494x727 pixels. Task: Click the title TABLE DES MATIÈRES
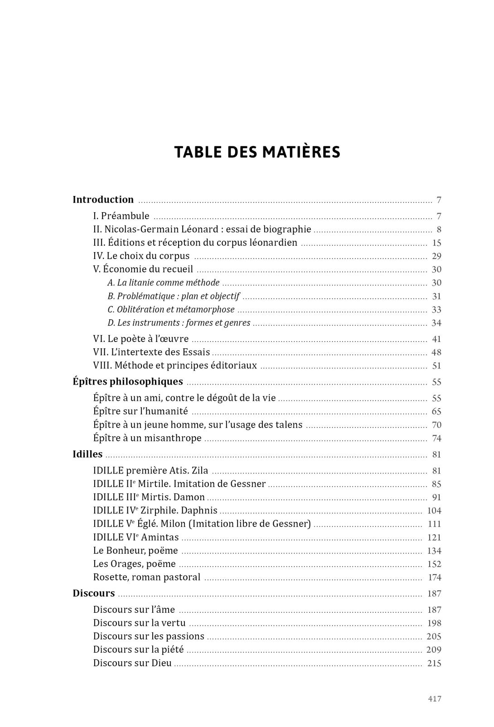[257, 152]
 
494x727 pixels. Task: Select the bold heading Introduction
[103, 200]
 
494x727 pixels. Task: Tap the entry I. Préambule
[121, 216]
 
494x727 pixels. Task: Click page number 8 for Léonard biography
[439, 229]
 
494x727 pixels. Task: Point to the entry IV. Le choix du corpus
[141, 256]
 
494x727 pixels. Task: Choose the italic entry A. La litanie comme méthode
[163, 283]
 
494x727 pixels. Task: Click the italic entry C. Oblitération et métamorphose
[171, 309]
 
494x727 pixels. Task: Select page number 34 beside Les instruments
[436, 323]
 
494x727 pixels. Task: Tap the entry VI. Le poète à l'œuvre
[140, 339]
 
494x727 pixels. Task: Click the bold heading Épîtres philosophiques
[128, 381]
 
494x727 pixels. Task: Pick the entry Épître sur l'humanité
[140, 411]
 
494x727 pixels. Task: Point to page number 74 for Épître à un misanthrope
[436, 438]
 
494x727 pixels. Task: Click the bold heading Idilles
[87, 454]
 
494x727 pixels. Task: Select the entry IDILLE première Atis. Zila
[150, 470]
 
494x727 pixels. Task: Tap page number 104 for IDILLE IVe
[434, 511]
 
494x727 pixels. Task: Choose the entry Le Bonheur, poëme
[135, 551]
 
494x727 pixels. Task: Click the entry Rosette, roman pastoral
[146, 577]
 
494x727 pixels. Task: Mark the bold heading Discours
[93, 593]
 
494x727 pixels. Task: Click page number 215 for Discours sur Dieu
[434, 663]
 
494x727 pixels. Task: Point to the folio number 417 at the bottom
[434, 699]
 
